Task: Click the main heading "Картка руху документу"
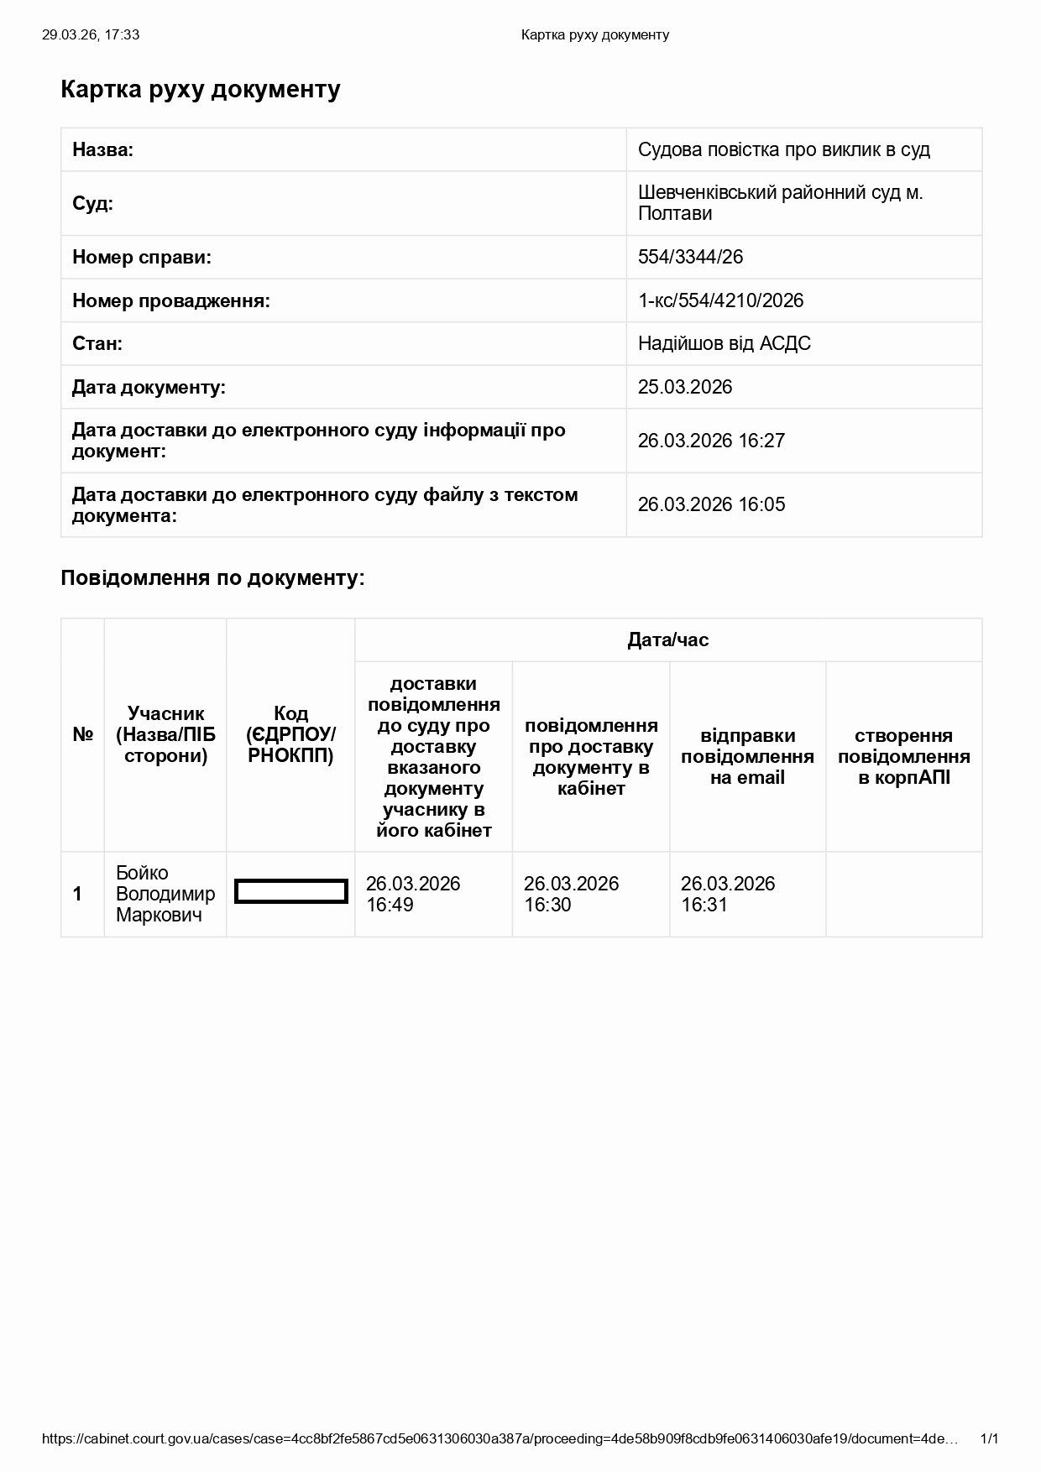pos(200,90)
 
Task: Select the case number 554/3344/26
pos(690,257)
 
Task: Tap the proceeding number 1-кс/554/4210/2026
pos(720,300)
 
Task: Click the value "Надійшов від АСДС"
pos(724,343)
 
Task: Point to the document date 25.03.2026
pos(684,387)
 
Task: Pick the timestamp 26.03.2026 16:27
pos(710,441)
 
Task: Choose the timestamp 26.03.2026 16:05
pos(710,504)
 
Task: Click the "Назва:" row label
pos(102,150)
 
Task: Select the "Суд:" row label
pos(92,203)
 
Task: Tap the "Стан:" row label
pos(97,343)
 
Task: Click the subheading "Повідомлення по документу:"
pos(212,578)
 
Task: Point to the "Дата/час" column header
pos(667,640)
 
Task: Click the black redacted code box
pos(290,891)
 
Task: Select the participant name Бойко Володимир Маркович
pos(165,894)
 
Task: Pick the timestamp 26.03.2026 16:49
pos(413,894)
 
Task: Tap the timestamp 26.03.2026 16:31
pos(727,894)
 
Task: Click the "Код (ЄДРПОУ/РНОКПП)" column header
pos(290,735)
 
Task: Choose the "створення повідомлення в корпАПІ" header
pos(903,756)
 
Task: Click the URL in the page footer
pos(500,1438)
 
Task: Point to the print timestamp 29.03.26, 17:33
pos(91,34)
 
